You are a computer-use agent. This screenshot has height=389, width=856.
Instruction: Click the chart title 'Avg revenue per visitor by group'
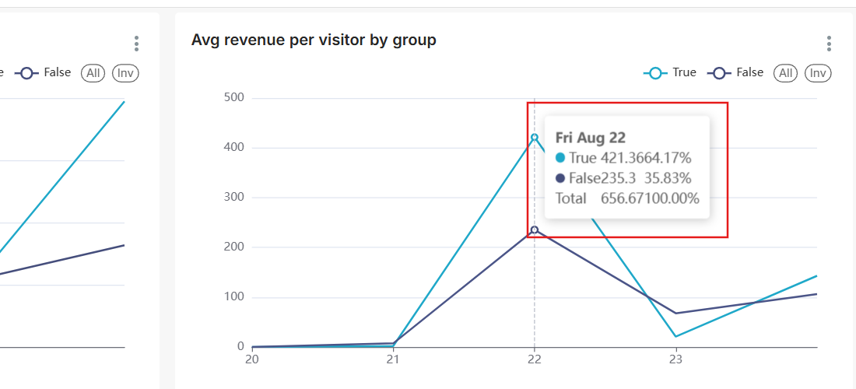tap(314, 40)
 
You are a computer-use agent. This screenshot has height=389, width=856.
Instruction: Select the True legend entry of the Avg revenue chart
tap(670, 72)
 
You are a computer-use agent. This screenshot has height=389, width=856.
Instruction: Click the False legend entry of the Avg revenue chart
tap(735, 72)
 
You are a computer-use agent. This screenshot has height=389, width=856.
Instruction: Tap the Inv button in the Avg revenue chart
tap(818, 73)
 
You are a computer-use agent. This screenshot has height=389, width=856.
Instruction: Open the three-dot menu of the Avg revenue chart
tap(830, 44)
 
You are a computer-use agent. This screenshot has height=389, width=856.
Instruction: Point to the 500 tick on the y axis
tap(233, 98)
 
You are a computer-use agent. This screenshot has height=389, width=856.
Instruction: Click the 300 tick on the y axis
tap(233, 198)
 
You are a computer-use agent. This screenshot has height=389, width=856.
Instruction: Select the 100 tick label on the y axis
tap(233, 297)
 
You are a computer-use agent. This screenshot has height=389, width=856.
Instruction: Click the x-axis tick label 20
tap(251, 359)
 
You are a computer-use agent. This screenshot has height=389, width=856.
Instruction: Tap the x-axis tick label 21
tap(393, 359)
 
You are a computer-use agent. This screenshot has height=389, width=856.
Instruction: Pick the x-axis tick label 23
tap(675, 359)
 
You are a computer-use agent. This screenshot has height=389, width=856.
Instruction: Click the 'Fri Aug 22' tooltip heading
tap(590, 138)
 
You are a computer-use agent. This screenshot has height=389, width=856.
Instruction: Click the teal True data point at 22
tap(535, 138)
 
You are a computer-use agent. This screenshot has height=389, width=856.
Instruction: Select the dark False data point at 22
tap(535, 230)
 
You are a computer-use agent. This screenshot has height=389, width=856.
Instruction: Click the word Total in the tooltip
tap(570, 198)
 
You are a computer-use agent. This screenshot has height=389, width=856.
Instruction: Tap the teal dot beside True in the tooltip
tap(560, 158)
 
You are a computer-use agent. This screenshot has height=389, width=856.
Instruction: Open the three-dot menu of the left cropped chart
tap(137, 44)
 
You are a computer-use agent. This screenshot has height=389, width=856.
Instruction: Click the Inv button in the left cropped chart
tap(125, 73)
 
